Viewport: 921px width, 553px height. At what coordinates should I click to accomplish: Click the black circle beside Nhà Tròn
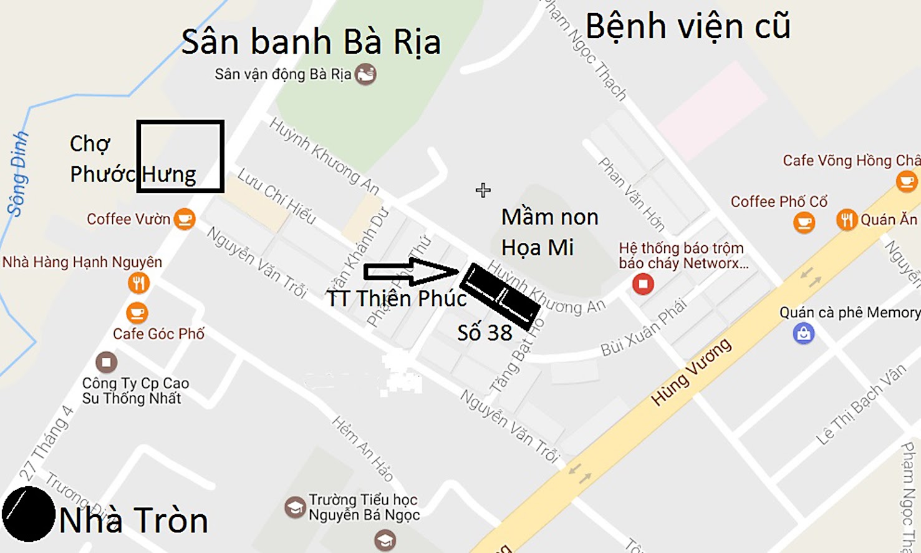28,514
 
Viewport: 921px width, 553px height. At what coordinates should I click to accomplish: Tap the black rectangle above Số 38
499,296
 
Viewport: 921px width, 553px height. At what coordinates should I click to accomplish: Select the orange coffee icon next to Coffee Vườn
185,218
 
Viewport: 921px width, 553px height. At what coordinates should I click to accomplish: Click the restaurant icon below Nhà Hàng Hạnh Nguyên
138,283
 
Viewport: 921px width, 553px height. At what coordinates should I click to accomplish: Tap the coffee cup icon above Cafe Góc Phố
137,312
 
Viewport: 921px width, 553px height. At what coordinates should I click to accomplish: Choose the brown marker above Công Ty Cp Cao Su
106,362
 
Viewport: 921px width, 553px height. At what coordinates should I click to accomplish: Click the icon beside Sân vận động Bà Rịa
365,75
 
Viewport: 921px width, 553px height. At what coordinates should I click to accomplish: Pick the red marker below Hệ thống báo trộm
643,285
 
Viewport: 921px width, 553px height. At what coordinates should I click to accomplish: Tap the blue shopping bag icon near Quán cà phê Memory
804,333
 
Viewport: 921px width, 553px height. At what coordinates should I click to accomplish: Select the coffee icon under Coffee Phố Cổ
804,222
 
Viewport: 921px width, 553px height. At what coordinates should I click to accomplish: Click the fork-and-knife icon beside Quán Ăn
846,220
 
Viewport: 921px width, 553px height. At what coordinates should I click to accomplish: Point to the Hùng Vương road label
690,373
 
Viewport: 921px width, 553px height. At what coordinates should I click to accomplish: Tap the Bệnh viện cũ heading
688,27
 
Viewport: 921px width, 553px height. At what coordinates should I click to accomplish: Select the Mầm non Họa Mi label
549,232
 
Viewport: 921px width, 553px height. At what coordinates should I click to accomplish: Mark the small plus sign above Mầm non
483,190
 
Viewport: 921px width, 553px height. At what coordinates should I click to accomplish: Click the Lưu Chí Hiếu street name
277,196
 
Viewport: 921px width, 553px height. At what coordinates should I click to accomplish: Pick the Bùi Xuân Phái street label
644,328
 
